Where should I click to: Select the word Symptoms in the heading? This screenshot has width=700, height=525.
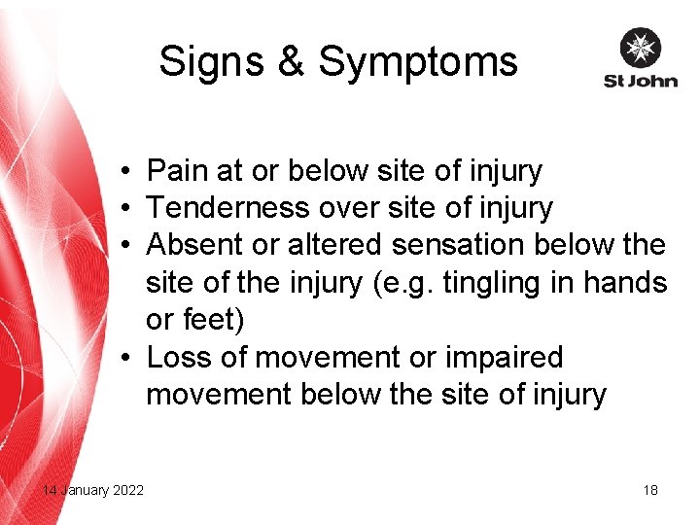(418, 62)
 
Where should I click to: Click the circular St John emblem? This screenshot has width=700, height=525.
(640, 47)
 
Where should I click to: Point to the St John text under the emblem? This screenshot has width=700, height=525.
(640, 80)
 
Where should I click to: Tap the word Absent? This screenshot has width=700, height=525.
(193, 245)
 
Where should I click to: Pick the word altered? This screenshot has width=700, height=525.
(332, 245)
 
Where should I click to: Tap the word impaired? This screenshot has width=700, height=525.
(504, 358)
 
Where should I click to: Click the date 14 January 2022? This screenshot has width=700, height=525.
(93, 490)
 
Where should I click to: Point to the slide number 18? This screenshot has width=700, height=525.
(650, 490)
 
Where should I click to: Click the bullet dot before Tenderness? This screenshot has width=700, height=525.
(127, 209)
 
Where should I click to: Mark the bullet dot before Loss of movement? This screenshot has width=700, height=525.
(127, 359)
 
